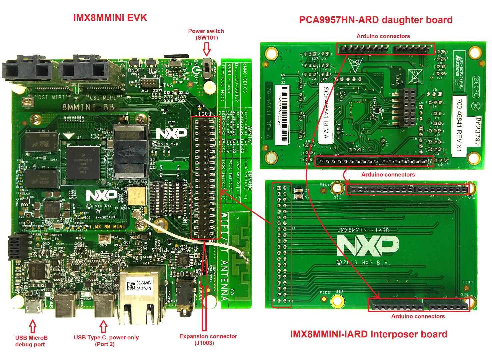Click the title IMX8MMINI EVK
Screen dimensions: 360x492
coord(110,18)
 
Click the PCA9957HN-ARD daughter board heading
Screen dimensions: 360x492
coord(376,20)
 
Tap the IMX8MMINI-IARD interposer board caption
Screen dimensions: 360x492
coord(368,334)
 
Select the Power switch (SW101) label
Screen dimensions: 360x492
coord(206,34)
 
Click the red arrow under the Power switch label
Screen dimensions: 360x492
coord(207,50)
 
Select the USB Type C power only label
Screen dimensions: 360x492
coord(106,341)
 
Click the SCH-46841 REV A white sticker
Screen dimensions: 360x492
coord(326,113)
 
